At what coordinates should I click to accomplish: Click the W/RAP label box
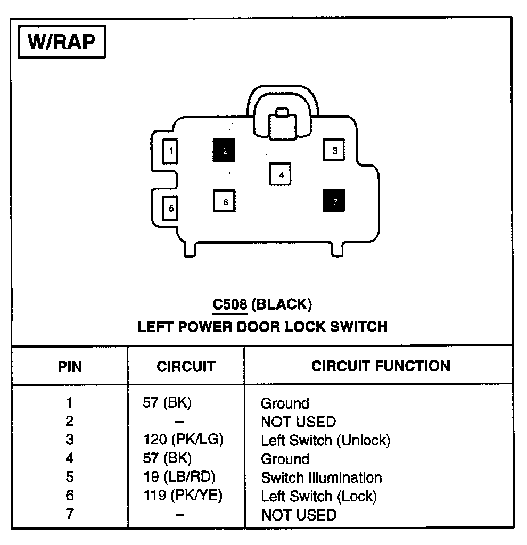tap(62, 41)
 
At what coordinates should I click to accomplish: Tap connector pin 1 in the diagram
tap(170, 151)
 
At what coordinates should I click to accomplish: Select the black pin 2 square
tap(224, 151)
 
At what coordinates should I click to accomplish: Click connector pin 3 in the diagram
tap(334, 151)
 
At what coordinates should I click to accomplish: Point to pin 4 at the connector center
tap(281, 174)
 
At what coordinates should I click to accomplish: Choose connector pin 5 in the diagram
tap(170, 208)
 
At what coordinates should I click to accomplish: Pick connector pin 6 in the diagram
tap(225, 202)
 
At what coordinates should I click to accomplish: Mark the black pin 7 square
tap(334, 201)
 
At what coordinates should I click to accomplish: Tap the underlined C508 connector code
tap(229, 304)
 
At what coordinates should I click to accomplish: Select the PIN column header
tap(70, 367)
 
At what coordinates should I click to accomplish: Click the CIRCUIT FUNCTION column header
tap(381, 366)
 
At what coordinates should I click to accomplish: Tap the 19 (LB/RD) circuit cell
tap(180, 477)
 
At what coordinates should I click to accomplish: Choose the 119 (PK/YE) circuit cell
tap(183, 496)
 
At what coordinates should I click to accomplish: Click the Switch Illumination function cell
tap(321, 477)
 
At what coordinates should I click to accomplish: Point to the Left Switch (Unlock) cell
tap(325, 440)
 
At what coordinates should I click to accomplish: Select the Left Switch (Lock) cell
tap(318, 497)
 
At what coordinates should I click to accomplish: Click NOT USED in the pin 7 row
tap(298, 515)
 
